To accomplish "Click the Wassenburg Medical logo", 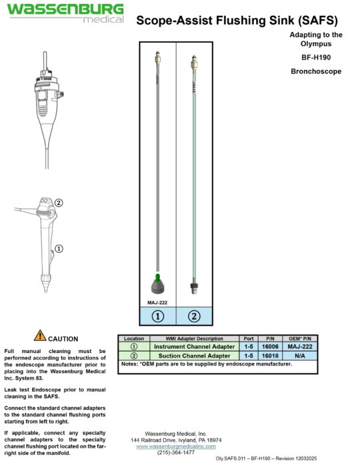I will click(x=65, y=13).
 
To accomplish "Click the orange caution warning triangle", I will click(x=40, y=336).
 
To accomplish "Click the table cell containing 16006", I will click(x=269, y=347).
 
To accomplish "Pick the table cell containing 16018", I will click(x=269, y=356).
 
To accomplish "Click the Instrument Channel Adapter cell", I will click(x=194, y=347).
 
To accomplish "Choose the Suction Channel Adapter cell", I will click(x=194, y=356).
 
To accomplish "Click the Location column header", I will click(x=134, y=339).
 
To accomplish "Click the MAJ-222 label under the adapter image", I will click(x=157, y=302).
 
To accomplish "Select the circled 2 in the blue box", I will click(x=193, y=316).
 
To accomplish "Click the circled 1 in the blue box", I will click(x=157, y=316).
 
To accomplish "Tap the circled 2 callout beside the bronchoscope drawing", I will click(x=58, y=203).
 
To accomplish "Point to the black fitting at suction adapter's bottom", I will click(x=193, y=288).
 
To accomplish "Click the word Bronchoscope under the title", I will click(x=316, y=70).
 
